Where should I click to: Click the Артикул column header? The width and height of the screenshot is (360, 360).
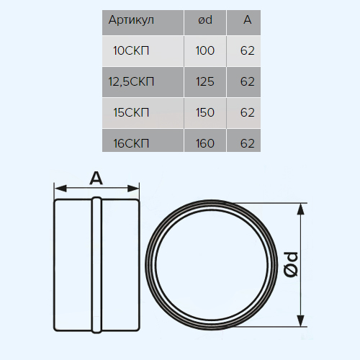click(x=131, y=20)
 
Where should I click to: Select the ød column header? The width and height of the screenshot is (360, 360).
click(x=205, y=20)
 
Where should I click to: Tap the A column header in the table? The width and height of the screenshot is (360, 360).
click(x=248, y=20)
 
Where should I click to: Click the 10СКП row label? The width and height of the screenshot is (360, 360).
click(x=131, y=50)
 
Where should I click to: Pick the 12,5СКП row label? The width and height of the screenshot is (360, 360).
click(x=131, y=82)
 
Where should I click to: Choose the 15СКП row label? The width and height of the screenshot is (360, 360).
click(x=131, y=112)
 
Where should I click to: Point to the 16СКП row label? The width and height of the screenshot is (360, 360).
click(x=131, y=143)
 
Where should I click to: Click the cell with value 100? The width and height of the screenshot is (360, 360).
click(x=205, y=50)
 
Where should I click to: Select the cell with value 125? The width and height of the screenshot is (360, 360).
click(x=205, y=81)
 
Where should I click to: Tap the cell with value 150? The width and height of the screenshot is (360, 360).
click(x=205, y=112)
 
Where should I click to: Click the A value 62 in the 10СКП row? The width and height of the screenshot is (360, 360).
click(x=248, y=50)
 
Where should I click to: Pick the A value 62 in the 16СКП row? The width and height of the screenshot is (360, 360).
click(x=248, y=143)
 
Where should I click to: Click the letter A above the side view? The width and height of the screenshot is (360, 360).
click(x=96, y=179)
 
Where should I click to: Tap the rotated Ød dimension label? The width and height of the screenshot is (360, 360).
click(x=291, y=265)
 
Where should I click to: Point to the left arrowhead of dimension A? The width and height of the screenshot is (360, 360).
click(x=60, y=189)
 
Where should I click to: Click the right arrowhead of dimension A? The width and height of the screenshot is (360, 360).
click(x=133, y=189)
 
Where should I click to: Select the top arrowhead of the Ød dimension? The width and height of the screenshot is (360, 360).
click(x=300, y=209)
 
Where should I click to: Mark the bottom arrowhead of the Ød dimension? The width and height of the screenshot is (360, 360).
click(x=300, y=321)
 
